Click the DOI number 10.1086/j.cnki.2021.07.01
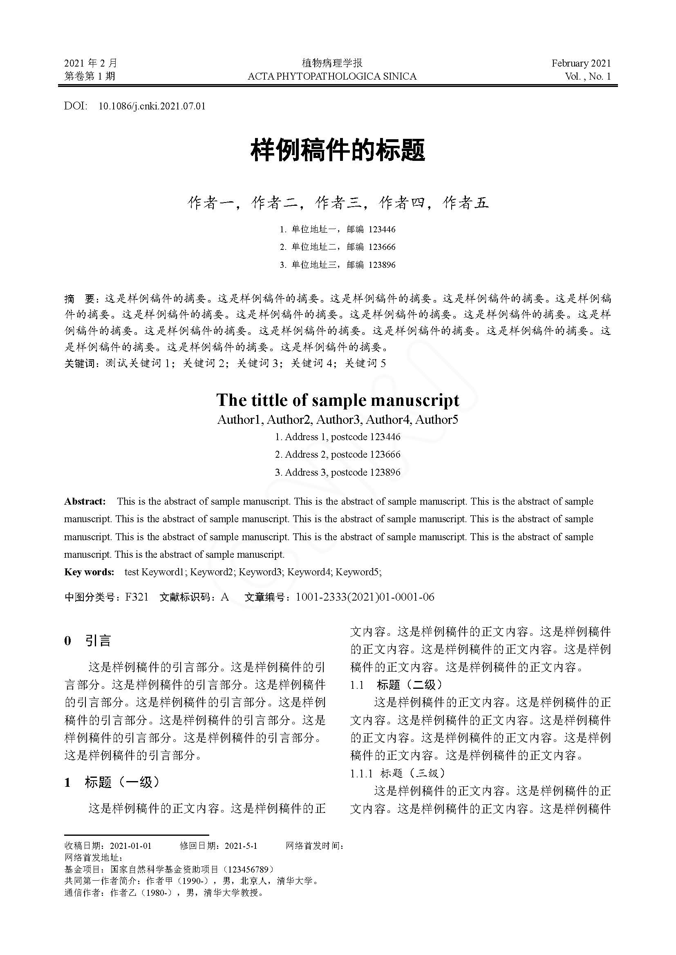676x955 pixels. (x=152, y=106)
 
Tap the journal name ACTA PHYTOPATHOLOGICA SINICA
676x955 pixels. (x=332, y=76)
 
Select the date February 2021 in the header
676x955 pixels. (x=581, y=63)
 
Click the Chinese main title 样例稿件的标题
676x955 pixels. (x=338, y=151)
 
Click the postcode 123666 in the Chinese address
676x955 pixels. (x=382, y=247)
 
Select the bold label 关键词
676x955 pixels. (x=80, y=363)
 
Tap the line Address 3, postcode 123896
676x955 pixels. (x=338, y=472)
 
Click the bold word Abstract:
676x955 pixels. (x=85, y=502)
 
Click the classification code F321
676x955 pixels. (x=137, y=597)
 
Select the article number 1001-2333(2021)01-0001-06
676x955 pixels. (x=365, y=597)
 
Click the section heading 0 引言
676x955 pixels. (x=88, y=641)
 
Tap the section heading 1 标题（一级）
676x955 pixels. (x=112, y=782)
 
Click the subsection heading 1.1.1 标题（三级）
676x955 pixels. (x=398, y=773)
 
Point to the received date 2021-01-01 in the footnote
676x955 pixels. (x=130, y=846)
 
